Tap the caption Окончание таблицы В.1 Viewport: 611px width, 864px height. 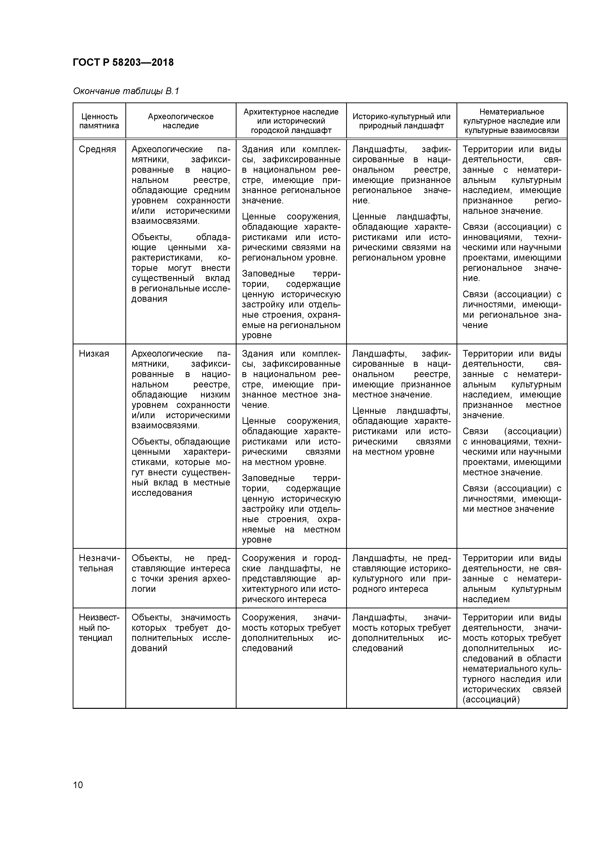click(x=126, y=91)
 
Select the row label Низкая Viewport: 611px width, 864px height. click(x=94, y=354)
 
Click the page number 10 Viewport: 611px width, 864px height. click(x=78, y=785)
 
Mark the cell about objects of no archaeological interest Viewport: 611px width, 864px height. click(x=180, y=573)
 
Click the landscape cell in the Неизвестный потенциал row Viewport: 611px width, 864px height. click(x=401, y=632)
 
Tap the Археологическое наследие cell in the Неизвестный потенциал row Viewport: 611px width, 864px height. click(x=180, y=632)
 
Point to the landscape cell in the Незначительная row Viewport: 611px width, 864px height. click(x=401, y=573)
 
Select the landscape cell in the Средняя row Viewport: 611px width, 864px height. click(x=401, y=203)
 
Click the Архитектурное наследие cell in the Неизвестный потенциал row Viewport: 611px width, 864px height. click(x=291, y=632)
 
